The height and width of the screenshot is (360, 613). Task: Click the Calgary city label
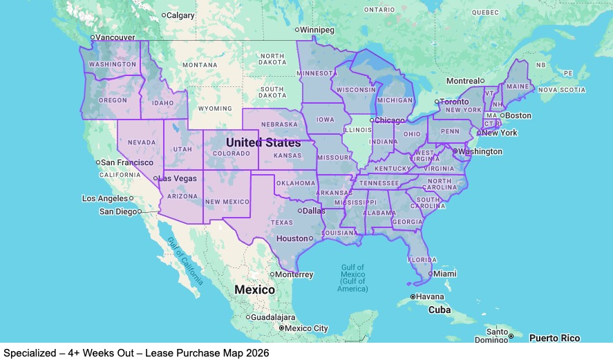181,15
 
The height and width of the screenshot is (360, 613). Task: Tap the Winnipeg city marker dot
297,30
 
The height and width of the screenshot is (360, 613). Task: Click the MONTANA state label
200,65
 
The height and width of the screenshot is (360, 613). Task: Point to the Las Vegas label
176,178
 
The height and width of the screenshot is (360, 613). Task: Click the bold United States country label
263,142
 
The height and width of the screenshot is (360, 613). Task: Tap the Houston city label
292,238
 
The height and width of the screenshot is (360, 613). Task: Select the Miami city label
446,274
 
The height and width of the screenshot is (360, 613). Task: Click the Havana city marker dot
413,296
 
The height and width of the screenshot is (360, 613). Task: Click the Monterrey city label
295,274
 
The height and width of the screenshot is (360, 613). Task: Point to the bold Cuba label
440,310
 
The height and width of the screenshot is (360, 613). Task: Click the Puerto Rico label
554,339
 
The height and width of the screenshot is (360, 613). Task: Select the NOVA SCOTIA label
561,90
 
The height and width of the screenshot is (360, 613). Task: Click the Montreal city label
463,81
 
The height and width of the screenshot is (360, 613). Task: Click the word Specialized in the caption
27,353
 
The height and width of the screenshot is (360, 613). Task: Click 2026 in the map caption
255,353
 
